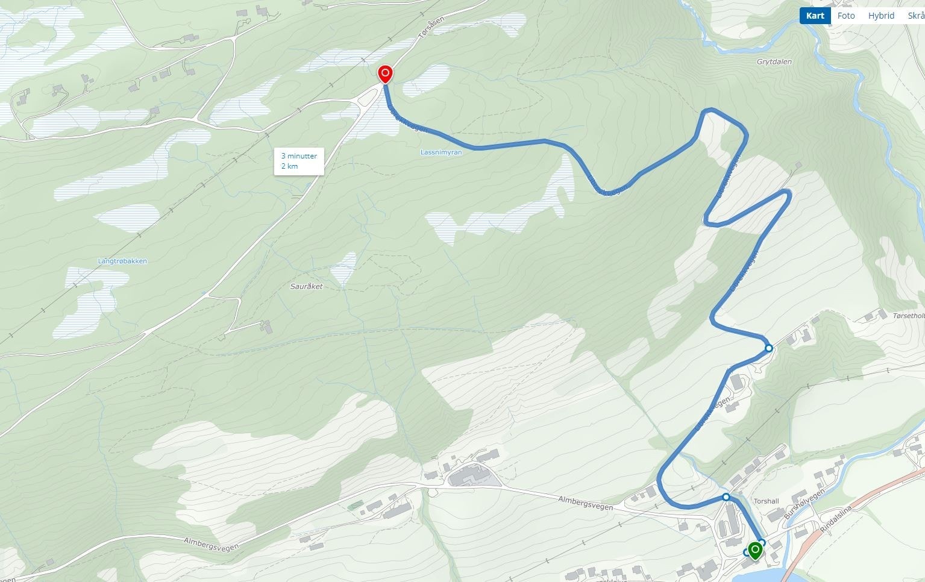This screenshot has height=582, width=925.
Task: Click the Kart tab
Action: tap(815, 16)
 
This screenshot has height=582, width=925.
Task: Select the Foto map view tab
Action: tap(846, 16)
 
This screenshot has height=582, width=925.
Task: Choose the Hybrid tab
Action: tap(881, 16)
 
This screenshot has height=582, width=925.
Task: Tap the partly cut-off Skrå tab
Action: tap(916, 16)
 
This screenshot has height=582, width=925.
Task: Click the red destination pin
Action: tap(385, 74)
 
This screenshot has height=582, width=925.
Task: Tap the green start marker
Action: tap(754, 549)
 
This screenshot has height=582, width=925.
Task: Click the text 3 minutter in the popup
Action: tap(299, 156)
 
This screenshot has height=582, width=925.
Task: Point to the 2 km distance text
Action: tap(289, 166)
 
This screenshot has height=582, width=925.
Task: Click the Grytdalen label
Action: tap(774, 61)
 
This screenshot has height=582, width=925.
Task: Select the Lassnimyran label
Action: tap(441, 152)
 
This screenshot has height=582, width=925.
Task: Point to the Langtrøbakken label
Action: tap(122, 261)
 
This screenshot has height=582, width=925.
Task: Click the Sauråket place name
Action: tap(306, 286)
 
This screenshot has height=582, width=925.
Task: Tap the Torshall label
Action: tap(766, 501)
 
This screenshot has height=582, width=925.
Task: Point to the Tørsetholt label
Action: tap(909, 316)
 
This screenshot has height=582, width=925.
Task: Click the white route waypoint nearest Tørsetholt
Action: tap(768, 348)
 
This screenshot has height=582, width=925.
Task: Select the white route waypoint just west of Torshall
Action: tap(726, 497)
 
